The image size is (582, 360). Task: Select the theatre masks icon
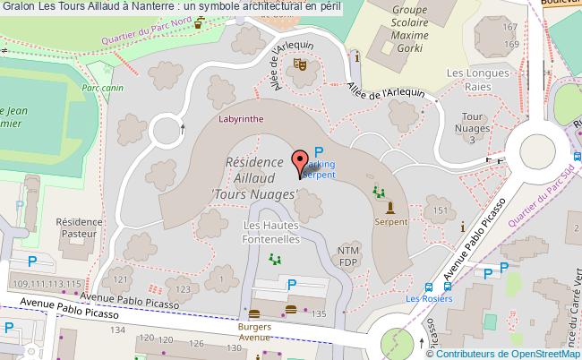pos(298,64)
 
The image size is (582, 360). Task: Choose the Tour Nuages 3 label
pos(473,126)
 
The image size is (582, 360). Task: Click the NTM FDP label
pos(348,256)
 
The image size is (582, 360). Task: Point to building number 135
pos(319,313)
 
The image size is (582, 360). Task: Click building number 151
pos(439,210)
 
